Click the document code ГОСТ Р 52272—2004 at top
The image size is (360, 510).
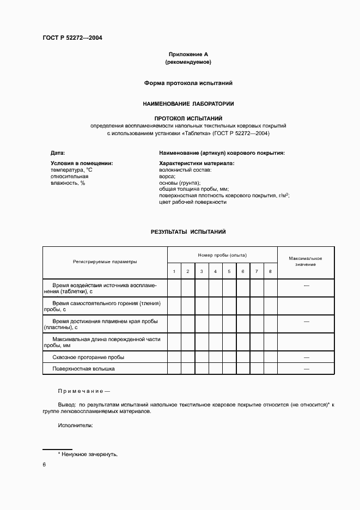tap(72, 38)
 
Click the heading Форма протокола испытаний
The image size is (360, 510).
tap(188, 83)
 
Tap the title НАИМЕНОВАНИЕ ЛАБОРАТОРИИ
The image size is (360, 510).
tap(188, 103)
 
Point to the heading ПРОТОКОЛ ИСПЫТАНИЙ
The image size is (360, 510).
tap(188, 118)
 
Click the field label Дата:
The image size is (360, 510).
tap(58, 153)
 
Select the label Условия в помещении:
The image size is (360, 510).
tap(82, 163)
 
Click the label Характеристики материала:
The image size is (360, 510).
tap(196, 163)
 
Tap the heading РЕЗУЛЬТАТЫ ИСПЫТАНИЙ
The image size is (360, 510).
tap(188, 232)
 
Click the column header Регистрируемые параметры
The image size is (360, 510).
tap(105, 262)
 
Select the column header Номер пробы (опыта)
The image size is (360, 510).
tap(222, 254)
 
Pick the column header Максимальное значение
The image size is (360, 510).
tap(305, 261)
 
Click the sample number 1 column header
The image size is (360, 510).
tap(174, 271)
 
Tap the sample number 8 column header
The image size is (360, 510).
tap(270, 271)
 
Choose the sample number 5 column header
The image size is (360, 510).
tap(229, 271)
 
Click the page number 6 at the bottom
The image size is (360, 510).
tap(44, 464)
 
